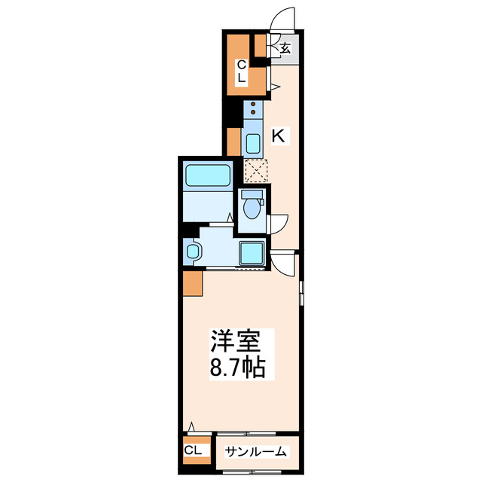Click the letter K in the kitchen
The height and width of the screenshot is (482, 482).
click(x=278, y=137)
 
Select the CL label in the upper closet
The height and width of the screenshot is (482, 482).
click(x=242, y=71)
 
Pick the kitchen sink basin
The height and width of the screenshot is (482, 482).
click(x=252, y=141)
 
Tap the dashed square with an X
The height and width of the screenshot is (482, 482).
click(x=256, y=171)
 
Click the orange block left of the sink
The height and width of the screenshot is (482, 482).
click(x=233, y=141)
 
